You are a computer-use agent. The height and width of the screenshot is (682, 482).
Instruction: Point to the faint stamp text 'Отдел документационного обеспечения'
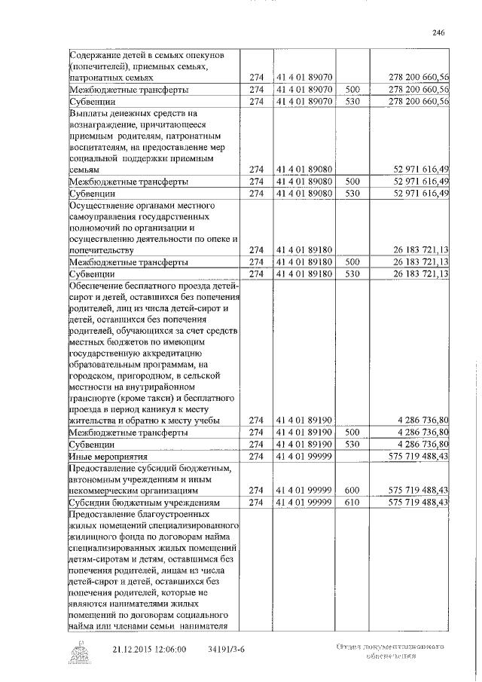pos(387,652)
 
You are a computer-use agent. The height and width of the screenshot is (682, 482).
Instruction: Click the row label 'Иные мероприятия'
pos(108,457)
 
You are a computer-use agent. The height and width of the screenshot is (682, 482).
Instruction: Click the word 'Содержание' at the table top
pos(97,55)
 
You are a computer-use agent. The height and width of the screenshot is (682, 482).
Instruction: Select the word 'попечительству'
pos(102,250)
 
